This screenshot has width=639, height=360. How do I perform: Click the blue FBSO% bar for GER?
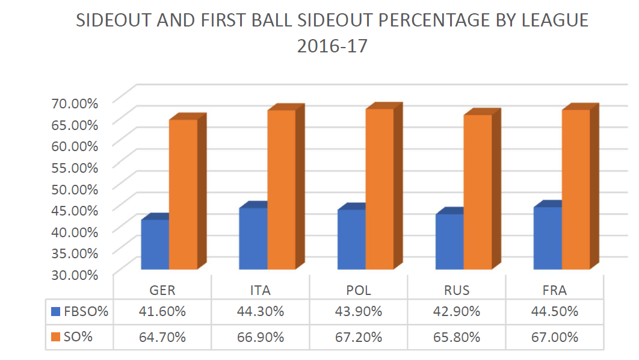[155, 244]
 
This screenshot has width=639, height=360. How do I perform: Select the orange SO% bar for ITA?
[281, 190]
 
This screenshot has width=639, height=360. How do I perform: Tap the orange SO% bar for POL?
[379, 189]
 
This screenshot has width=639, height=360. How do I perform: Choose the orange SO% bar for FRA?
[575, 190]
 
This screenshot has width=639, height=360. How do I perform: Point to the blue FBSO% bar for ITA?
[253, 238]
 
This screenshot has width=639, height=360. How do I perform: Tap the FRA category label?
[554, 290]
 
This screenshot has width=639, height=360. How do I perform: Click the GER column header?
[162, 290]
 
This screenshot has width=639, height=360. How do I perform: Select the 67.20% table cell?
[359, 337]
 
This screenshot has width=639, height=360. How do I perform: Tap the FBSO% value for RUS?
[457, 312]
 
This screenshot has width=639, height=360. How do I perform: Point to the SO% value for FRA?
[554, 337]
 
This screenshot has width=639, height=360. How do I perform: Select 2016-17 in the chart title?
[332, 46]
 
